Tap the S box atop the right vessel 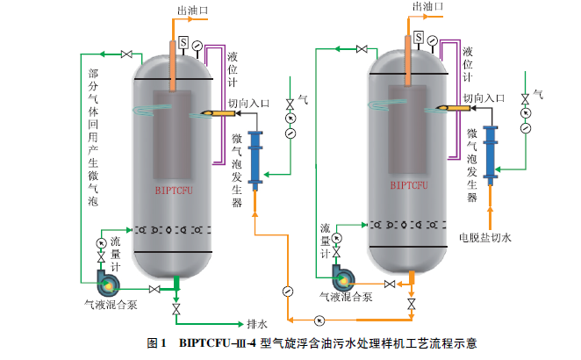(420, 38)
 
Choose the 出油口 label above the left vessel (188, 10)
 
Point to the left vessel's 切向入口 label (244, 102)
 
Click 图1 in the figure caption (157, 343)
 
